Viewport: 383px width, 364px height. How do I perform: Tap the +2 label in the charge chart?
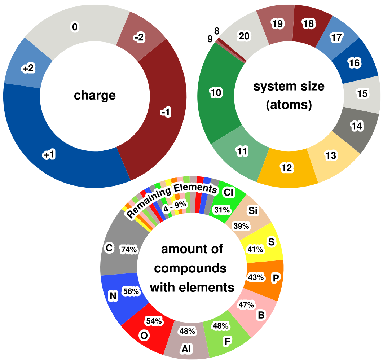(x=28, y=69)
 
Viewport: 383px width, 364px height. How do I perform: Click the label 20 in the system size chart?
(x=244, y=36)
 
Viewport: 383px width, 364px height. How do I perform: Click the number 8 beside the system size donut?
(x=217, y=31)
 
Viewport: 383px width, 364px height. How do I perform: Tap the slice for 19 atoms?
(x=278, y=24)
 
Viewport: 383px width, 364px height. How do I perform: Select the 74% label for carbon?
(x=129, y=249)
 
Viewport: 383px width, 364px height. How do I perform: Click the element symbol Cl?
(x=228, y=193)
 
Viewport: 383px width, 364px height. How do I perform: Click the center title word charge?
(x=95, y=96)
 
